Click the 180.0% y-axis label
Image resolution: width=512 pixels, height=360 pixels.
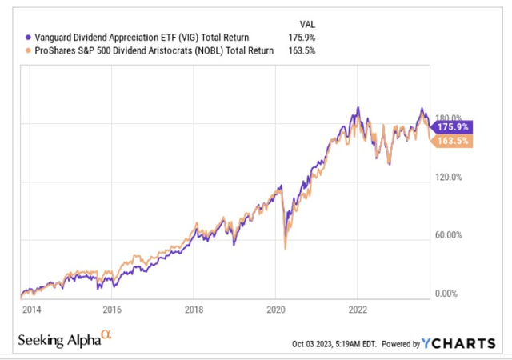(x=449, y=117)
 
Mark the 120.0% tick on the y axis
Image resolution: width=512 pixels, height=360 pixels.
(x=449, y=177)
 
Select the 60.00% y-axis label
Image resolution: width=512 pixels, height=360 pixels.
(x=449, y=235)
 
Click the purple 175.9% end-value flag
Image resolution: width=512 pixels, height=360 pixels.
(x=453, y=126)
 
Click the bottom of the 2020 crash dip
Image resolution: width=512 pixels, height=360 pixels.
(x=284, y=249)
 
